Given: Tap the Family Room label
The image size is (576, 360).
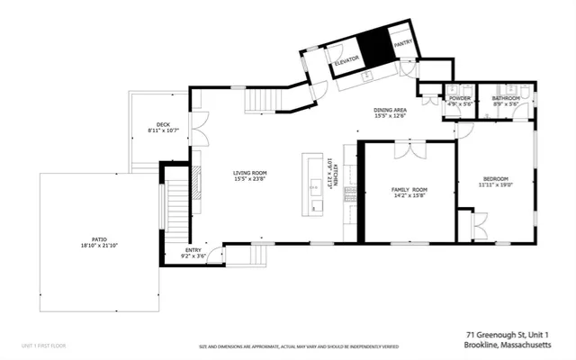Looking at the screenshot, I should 409,190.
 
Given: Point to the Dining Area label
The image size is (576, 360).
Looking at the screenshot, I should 391,110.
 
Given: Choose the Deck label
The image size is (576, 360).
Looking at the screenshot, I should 163,125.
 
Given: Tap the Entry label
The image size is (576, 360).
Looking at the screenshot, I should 193,250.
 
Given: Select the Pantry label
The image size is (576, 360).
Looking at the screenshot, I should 402,41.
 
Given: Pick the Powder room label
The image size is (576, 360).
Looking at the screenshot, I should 460,98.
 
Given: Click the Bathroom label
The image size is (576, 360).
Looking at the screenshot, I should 507,98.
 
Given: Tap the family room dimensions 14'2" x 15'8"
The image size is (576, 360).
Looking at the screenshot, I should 409,196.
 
